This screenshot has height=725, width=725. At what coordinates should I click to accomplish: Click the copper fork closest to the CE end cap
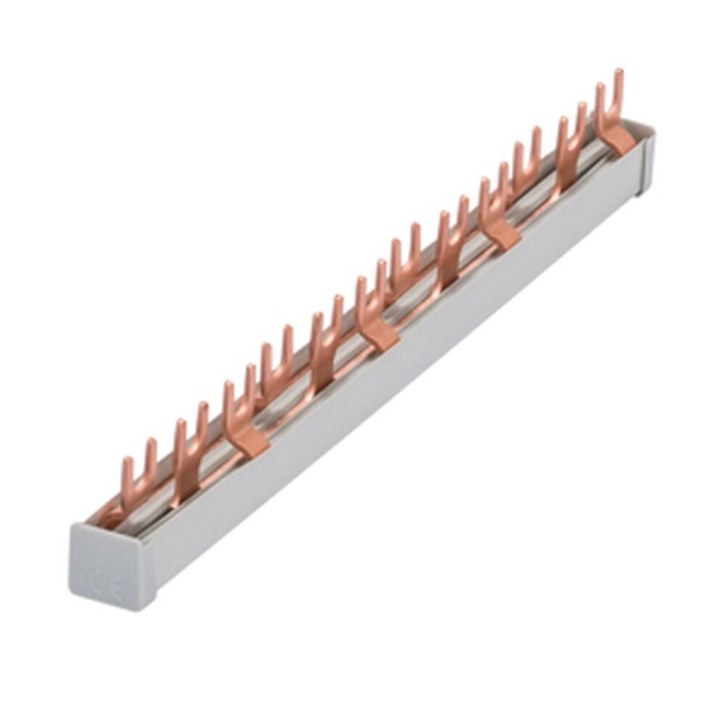click(x=138, y=471)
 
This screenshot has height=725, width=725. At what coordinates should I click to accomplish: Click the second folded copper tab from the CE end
click(x=377, y=334)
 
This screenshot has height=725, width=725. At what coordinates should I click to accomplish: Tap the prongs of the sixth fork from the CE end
click(x=370, y=286)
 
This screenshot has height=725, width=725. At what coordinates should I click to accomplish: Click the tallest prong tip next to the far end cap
click(x=618, y=74)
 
